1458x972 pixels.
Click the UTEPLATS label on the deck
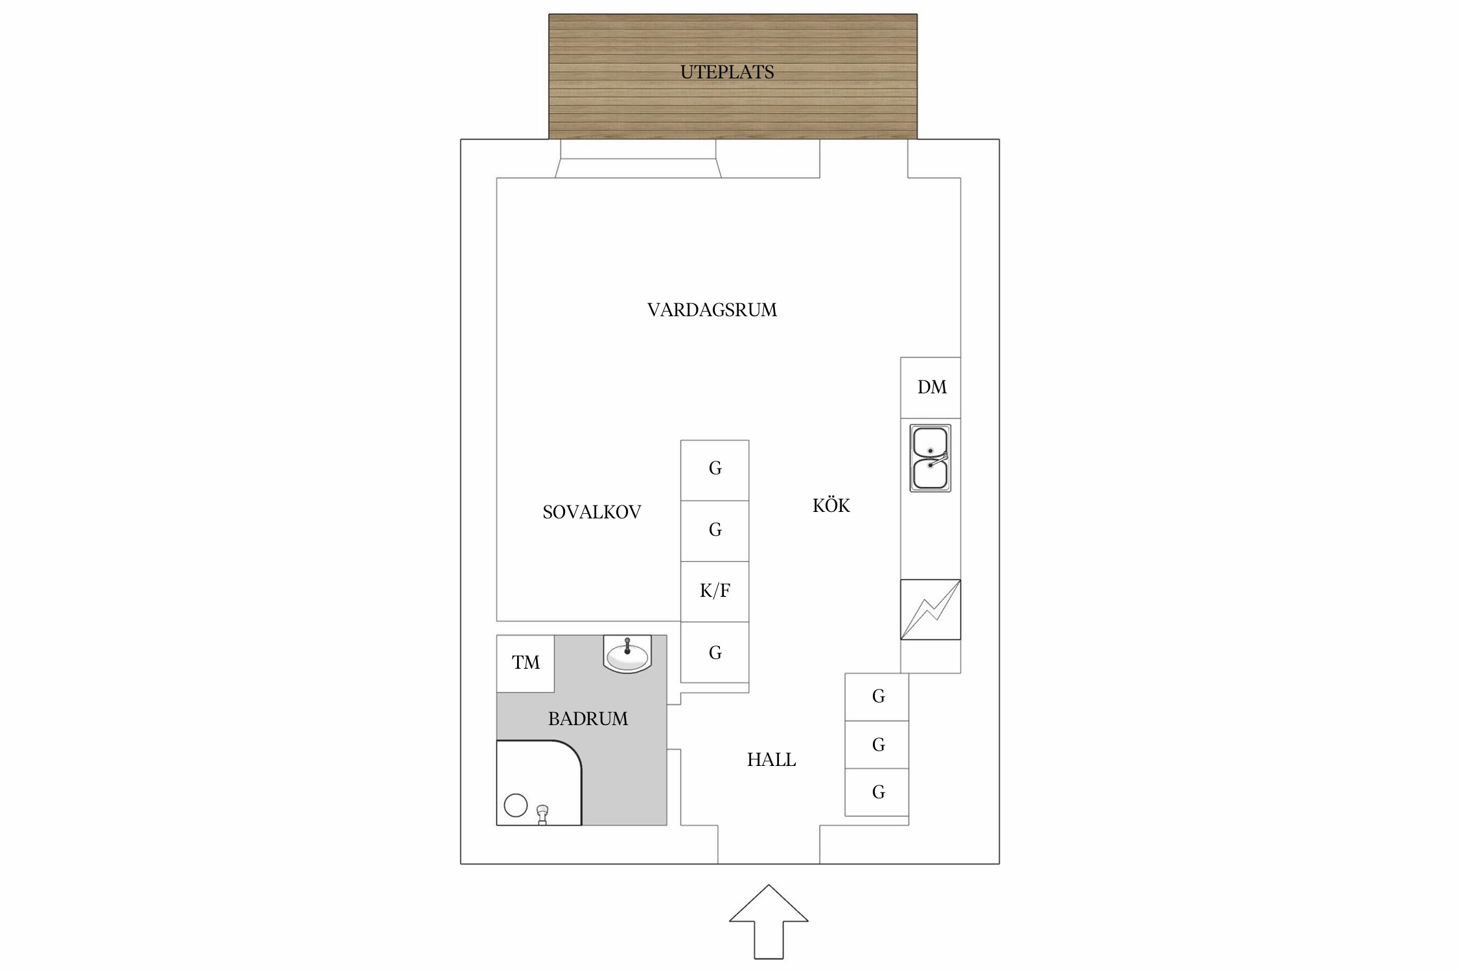click(x=727, y=72)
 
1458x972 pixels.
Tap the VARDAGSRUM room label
click(x=712, y=310)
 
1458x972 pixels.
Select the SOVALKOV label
click(x=592, y=512)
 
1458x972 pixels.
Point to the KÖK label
click(x=831, y=505)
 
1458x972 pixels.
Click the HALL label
click(x=771, y=759)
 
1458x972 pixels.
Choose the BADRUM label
click(x=588, y=719)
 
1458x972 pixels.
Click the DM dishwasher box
click(x=931, y=388)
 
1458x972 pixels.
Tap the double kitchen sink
click(x=931, y=458)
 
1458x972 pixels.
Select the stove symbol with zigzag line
click(x=931, y=609)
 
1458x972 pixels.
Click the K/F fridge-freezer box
click(x=715, y=592)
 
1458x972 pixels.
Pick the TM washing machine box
click(x=526, y=664)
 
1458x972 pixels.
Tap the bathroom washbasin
click(x=627, y=654)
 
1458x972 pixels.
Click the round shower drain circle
click(x=516, y=805)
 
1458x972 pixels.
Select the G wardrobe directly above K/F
click(x=715, y=531)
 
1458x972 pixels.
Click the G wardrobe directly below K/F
click(x=715, y=652)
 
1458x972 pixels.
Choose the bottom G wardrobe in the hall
click(x=877, y=792)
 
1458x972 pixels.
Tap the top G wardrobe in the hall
click(x=877, y=697)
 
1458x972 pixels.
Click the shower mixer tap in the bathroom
click(x=543, y=815)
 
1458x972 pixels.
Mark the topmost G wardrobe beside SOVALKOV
click(x=715, y=470)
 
